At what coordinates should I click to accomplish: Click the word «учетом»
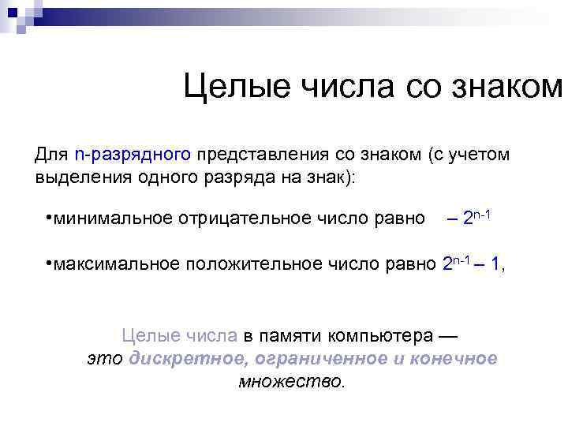pos(482,154)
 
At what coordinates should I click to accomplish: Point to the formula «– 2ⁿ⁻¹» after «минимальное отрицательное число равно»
pos(469,217)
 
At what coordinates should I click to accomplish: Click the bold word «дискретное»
pos(179,359)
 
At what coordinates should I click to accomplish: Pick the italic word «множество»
pos(291,382)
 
